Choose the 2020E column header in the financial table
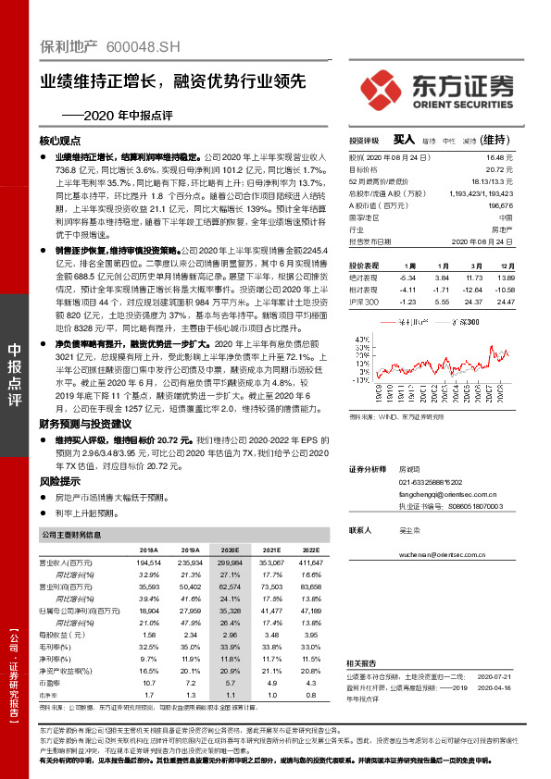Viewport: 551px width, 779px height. click(x=230, y=549)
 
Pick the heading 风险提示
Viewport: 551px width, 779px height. click(x=62, y=481)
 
